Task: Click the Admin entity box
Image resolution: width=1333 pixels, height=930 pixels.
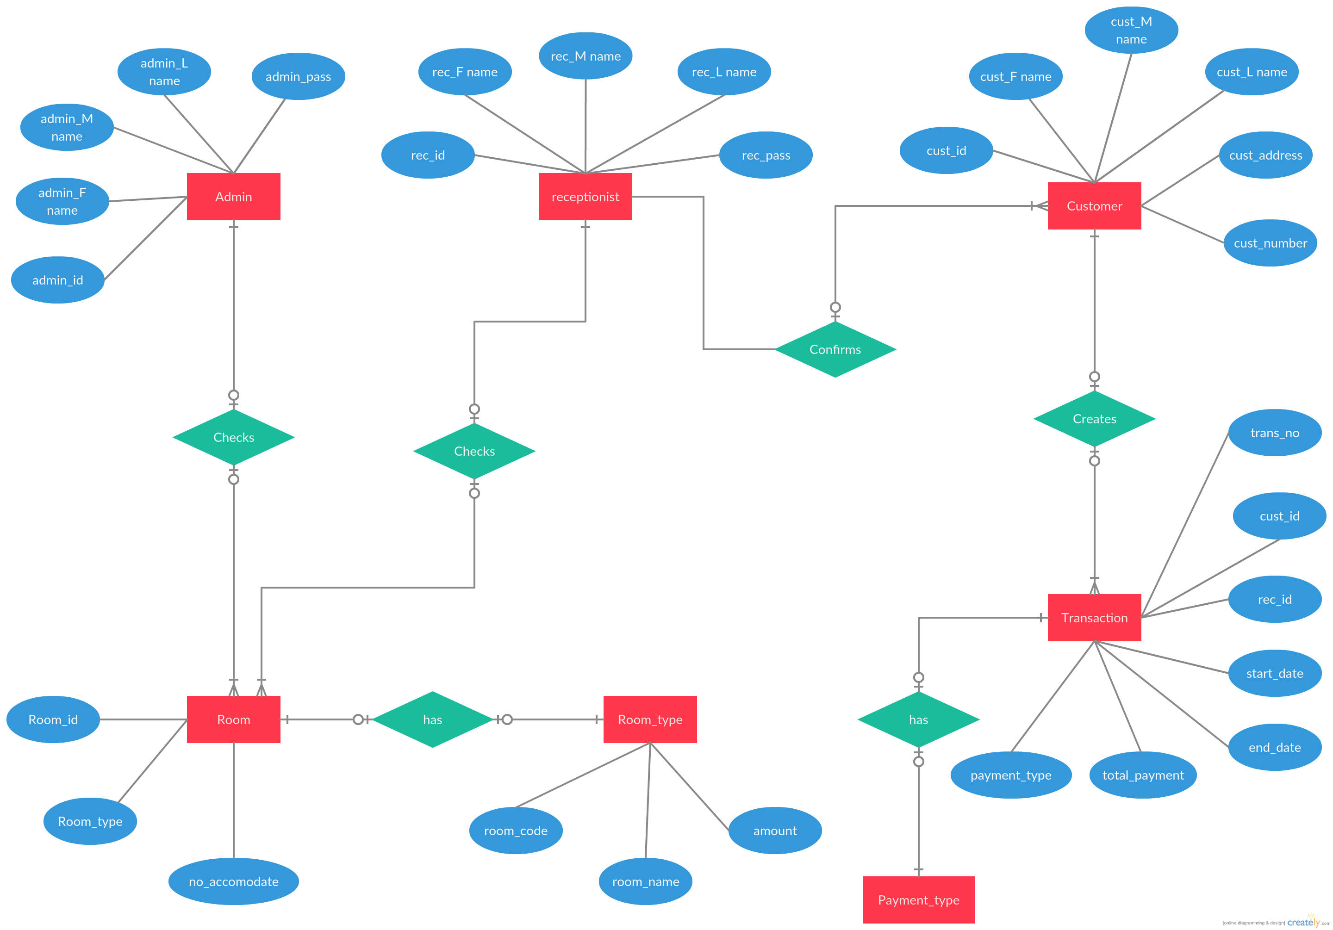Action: (233, 197)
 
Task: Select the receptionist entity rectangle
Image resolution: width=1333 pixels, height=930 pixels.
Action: (585, 197)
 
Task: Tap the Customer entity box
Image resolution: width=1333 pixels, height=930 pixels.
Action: (1094, 206)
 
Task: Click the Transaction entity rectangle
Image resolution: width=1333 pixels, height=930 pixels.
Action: (1094, 618)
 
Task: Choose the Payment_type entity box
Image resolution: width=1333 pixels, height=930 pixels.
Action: (918, 900)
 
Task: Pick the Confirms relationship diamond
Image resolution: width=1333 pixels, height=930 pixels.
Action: (835, 349)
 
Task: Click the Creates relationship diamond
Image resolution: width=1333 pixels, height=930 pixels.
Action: (1094, 419)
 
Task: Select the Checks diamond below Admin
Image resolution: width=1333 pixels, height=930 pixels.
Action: (233, 437)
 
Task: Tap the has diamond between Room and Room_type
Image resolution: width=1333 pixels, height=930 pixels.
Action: (432, 719)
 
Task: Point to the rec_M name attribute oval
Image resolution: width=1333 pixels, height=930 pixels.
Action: (585, 56)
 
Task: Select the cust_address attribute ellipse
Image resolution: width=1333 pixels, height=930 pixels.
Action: (1265, 155)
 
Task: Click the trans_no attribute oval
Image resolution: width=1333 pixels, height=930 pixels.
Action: (1275, 433)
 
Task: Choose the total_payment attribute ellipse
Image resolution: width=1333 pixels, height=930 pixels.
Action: (1143, 775)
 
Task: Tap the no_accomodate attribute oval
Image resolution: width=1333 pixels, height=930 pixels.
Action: (233, 881)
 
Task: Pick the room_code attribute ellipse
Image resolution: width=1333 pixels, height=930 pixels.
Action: (516, 830)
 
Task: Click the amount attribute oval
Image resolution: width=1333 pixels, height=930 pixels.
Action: (775, 830)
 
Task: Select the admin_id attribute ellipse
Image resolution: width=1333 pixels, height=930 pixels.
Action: (57, 280)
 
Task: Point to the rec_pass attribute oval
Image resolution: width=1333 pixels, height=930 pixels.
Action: (766, 155)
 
